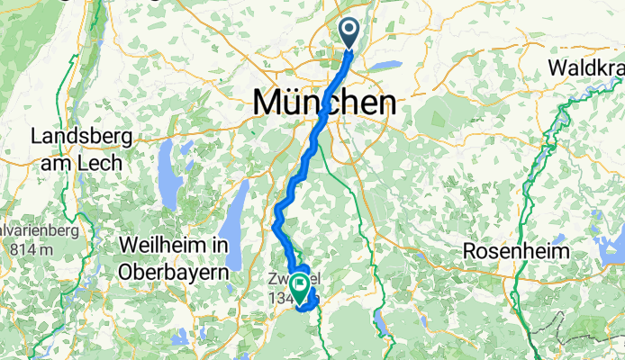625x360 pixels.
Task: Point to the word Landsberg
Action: pos(82,138)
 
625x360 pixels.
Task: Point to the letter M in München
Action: pos(267,102)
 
